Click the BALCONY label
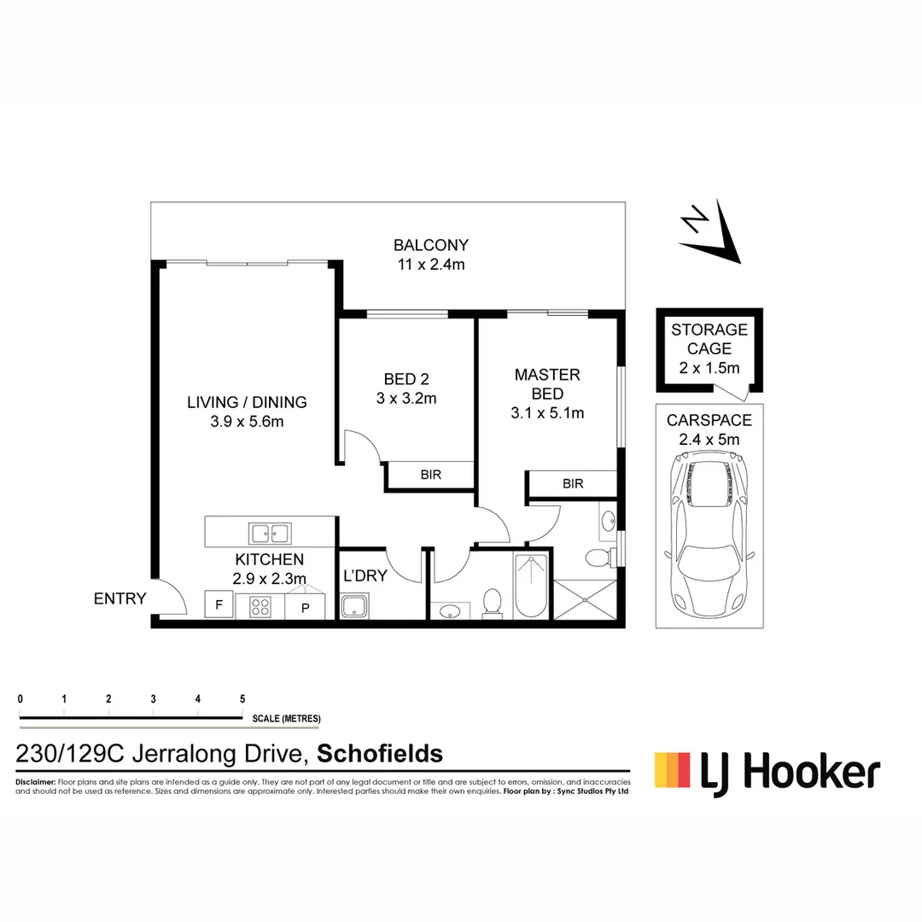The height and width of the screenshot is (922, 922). pos(430,245)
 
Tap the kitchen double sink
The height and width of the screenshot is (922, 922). pos(269,534)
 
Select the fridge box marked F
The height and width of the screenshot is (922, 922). pos(219,606)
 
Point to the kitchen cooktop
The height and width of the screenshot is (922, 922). pos(260,607)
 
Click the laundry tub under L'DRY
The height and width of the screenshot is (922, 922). pos(354,609)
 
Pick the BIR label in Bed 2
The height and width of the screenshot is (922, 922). pos(431,475)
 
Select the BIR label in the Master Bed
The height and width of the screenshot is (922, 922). pos(573,483)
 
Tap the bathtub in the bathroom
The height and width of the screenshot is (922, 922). pos(531,586)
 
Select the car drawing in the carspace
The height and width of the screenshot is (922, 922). pos(709,538)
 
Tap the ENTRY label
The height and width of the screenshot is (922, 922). pos(120,599)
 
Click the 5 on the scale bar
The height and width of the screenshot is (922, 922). pos(242,699)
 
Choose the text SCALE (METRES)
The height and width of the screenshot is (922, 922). pos(286,718)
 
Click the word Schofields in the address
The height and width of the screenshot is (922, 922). pos(380,754)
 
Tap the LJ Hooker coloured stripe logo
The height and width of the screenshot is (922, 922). pos(672,769)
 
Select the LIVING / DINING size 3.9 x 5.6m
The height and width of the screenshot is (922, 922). pos(248,421)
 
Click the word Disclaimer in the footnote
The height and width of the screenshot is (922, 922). pos(35,782)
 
